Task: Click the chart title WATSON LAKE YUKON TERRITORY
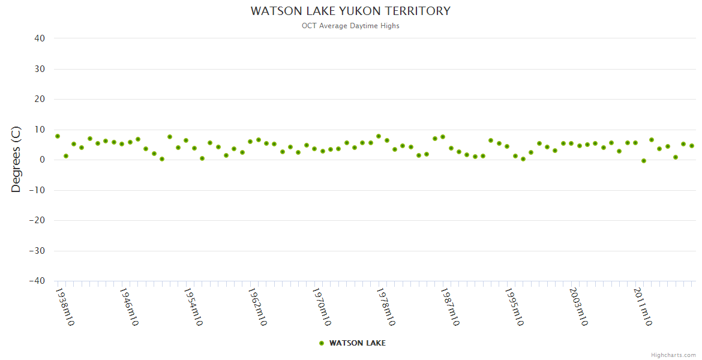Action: point(350,11)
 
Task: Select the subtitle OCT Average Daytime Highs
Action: point(350,26)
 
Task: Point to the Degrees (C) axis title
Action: point(16,160)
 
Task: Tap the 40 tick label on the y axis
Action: point(40,38)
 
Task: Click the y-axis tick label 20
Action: point(40,99)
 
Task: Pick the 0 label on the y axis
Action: point(42,160)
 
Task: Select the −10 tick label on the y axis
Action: point(37,190)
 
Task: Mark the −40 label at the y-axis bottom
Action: point(37,281)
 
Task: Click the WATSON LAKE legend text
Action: point(358,343)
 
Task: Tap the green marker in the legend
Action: point(322,343)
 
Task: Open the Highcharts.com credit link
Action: point(673,355)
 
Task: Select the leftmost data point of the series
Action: point(58,136)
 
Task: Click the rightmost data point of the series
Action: point(691,146)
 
